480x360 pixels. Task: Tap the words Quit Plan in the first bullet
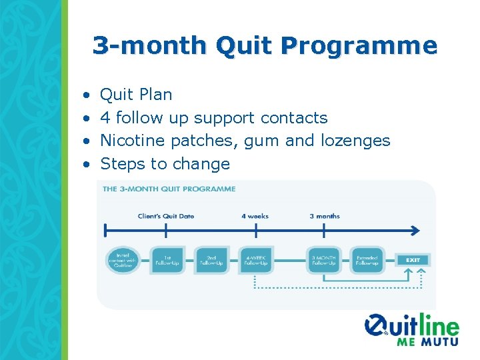(x=136, y=95)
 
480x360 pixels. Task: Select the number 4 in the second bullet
(x=105, y=119)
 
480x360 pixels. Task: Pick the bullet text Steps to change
(x=165, y=164)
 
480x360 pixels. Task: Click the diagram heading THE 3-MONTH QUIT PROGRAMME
(x=169, y=189)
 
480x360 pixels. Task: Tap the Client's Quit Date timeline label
(x=165, y=216)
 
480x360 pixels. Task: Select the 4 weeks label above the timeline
(x=255, y=216)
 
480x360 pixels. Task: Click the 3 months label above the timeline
(x=325, y=216)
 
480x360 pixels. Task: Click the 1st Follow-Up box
(x=167, y=260)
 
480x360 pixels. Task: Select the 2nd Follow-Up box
(x=212, y=260)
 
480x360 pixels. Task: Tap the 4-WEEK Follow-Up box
(x=257, y=260)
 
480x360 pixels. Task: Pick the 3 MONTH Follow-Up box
(x=325, y=260)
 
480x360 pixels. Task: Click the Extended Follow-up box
(x=367, y=260)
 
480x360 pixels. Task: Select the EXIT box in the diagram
(x=412, y=260)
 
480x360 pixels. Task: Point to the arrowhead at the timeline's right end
(x=415, y=231)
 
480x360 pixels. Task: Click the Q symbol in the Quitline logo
(x=377, y=327)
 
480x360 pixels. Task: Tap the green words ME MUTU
(x=427, y=341)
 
